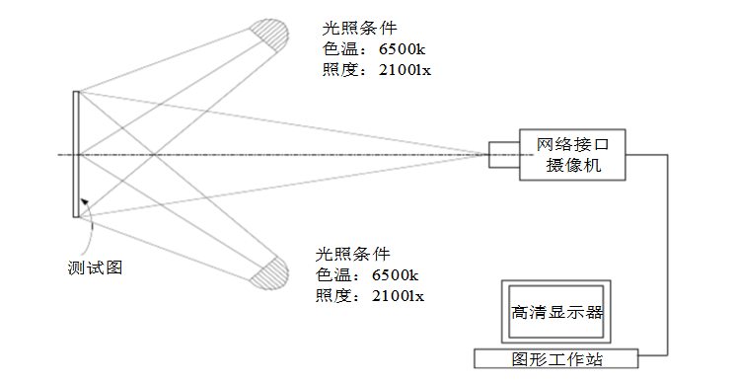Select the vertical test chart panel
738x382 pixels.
tap(75, 154)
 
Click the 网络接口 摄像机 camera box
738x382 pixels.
tap(572, 154)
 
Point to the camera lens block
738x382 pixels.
tap(503, 154)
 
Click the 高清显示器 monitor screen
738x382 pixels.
tap(556, 312)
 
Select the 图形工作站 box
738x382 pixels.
tap(556, 358)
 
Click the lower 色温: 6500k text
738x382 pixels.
tap(366, 274)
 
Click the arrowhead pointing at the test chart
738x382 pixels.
tap(85, 203)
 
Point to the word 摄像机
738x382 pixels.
tap(572, 166)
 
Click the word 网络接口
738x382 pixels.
tap(572, 144)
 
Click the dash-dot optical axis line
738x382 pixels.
tap(296, 154)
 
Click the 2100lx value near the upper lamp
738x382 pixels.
tap(405, 70)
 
